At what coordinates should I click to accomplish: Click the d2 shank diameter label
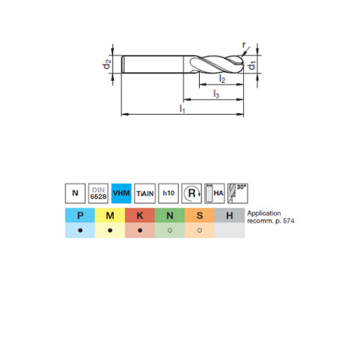(x=107, y=65)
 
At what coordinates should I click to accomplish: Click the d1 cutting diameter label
(x=251, y=65)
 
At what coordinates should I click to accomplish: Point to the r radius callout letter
(x=244, y=45)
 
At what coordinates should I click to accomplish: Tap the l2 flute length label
(x=222, y=79)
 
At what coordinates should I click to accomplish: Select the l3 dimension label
(x=216, y=94)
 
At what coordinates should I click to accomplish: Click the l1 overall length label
(x=182, y=109)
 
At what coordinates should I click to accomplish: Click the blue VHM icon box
(x=121, y=193)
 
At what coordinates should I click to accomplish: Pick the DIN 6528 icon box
(x=98, y=193)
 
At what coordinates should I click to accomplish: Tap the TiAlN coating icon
(x=145, y=193)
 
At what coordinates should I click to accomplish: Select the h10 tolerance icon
(x=168, y=193)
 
